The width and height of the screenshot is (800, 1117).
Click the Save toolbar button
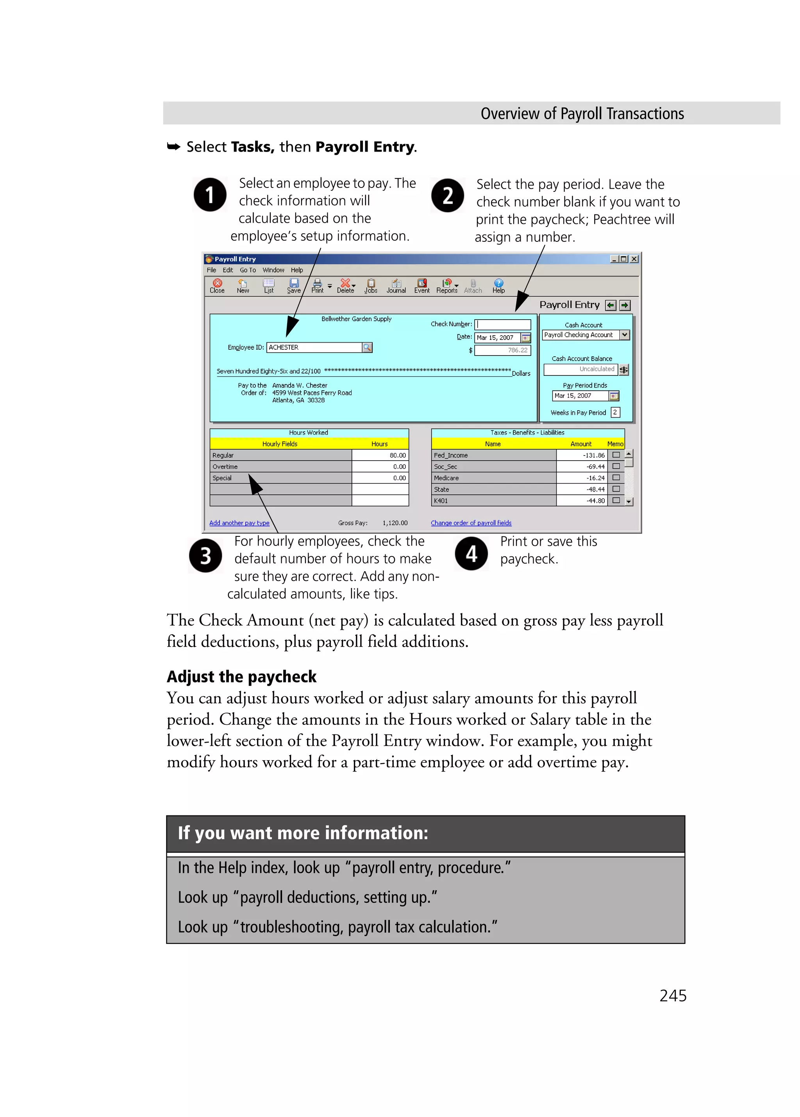294,286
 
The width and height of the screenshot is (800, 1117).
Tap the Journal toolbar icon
396,286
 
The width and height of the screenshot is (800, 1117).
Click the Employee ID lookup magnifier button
367,348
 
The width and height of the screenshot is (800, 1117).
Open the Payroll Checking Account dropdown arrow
625,335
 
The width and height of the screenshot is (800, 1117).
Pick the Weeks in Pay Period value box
615,413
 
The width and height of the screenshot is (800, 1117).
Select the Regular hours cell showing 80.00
380,456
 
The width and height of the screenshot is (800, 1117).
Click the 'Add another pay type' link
239,523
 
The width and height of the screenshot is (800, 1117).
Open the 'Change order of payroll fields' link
471,523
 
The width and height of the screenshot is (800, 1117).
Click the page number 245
673,996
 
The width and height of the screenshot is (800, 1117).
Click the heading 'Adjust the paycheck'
241,677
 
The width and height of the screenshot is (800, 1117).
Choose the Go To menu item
248,270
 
